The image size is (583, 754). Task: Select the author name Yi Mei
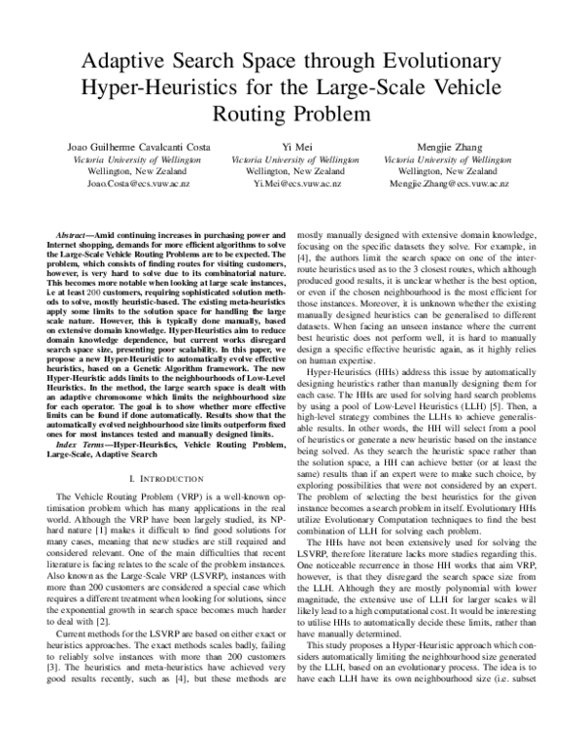(x=291, y=144)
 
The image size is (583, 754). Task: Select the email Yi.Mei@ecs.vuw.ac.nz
(x=291, y=183)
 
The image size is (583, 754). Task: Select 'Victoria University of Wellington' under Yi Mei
(x=291, y=157)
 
